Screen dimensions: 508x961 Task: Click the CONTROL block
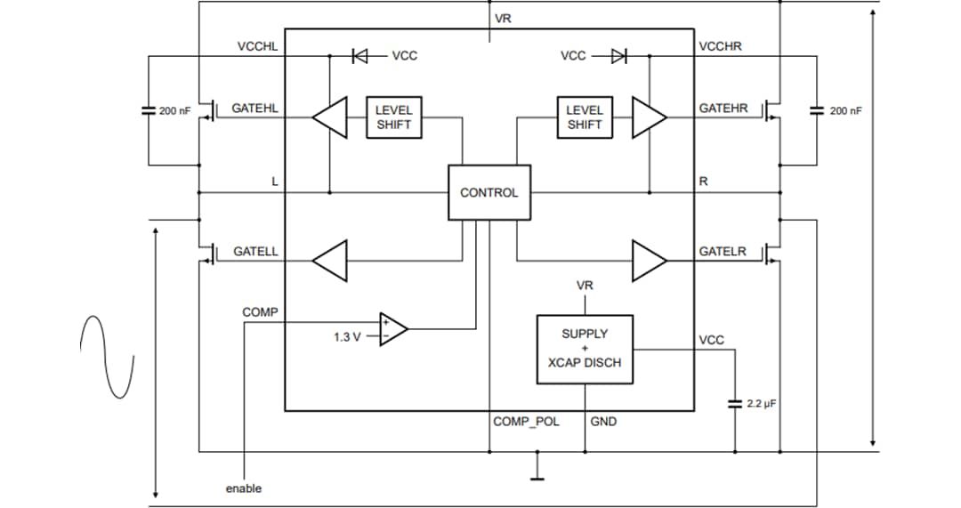pyautogui.click(x=489, y=192)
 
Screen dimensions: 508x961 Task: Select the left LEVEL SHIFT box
pyautogui.click(x=393, y=117)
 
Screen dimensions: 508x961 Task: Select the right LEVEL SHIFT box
pyautogui.click(x=585, y=117)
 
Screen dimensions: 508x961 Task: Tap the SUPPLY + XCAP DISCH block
pyautogui.click(x=585, y=349)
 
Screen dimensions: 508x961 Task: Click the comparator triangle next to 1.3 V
pyautogui.click(x=392, y=329)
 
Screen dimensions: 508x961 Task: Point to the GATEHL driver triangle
pyautogui.click(x=329, y=117)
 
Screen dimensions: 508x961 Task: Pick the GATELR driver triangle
pyautogui.click(x=649, y=260)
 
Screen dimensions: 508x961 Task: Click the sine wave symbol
pyautogui.click(x=108, y=356)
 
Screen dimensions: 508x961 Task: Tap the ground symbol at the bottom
pyautogui.click(x=537, y=472)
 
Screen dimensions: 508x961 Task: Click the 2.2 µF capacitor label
pyautogui.click(x=762, y=403)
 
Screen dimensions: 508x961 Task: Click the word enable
pyautogui.click(x=243, y=488)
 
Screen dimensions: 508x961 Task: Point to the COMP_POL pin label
pyautogui.click(x=526, y=421)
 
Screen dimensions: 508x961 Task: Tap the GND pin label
pyautogui.click(x=603, y=421)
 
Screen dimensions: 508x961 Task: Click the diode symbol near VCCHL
pyautogui.click(x=360, y=56)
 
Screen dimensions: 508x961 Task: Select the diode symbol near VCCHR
pyautogui.click(x=618, y=56)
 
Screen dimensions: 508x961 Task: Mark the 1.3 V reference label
pyautogui.click(x=348, y=337)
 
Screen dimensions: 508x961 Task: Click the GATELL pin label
pyautogui.click(x=255, y=252)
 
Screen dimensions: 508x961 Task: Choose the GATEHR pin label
pyautogui.click(x=723, y=109)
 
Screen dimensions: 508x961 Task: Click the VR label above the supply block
pyautogui.click(x=585, y=286)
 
